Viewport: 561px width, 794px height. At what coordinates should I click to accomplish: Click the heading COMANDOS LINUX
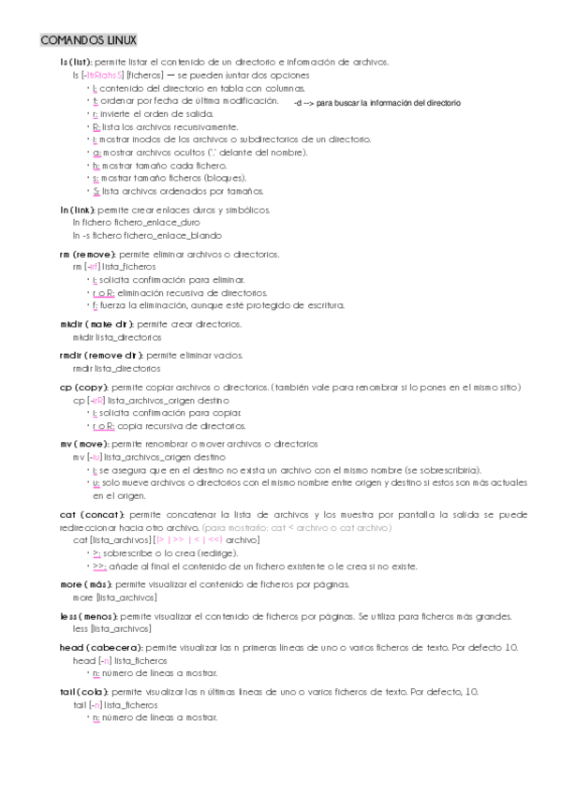pyautogui.click(x=89, y=40)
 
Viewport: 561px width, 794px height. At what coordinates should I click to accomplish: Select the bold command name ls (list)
pyautogui.click(x=76, y=62)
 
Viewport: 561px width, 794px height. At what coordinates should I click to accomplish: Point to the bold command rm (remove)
pyautogui.click(x=87, y=254)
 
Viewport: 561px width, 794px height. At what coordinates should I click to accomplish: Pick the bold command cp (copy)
pyautogui.click(x=84, y=387)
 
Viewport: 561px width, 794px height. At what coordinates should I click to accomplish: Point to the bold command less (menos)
pyautogui.click(x=89, y=616)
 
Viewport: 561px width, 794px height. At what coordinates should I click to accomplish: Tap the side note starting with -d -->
pyautogui.click(x=376, y=103)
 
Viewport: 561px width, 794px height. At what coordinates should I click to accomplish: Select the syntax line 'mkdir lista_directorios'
pyautogui.click(x=117, y=336)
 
